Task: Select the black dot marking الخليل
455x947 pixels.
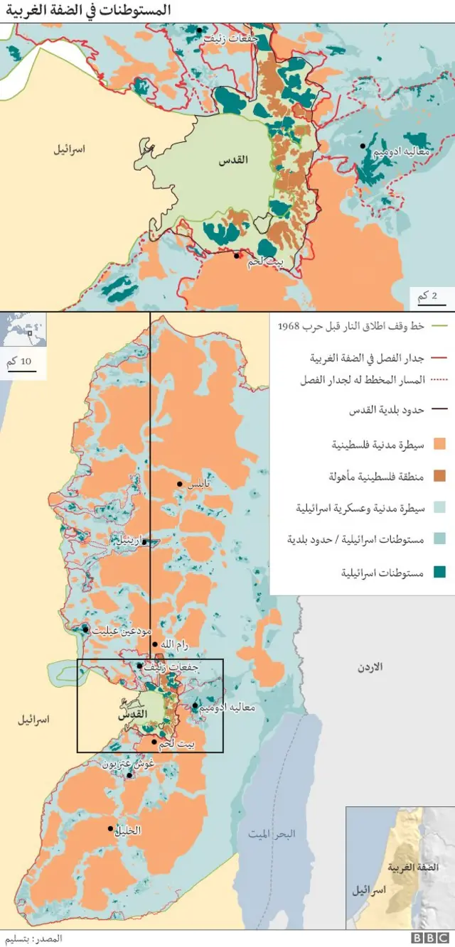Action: click(110, 828)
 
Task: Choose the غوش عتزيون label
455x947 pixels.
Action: click(129, 764)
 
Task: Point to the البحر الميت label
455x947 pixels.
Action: click(271, 833)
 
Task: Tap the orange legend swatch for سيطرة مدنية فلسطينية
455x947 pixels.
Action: click(439, 445)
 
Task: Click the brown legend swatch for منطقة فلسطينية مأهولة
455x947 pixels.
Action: click(439, 476)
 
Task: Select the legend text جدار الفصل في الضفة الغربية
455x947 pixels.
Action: click(367, 357)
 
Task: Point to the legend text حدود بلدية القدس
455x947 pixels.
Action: click(386, 411)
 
